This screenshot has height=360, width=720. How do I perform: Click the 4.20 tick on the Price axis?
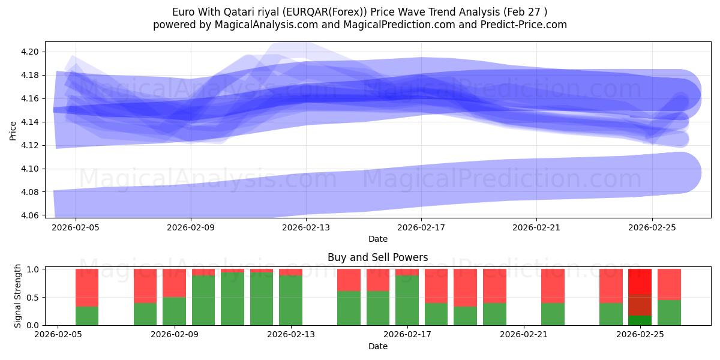coord(31,52)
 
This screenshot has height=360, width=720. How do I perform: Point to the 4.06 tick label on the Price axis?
coord(31,215)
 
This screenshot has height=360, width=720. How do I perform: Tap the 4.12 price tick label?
coord(31,145)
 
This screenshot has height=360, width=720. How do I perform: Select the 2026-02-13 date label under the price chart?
coord(306,227)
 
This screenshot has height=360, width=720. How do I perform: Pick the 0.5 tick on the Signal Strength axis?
coord(34,297)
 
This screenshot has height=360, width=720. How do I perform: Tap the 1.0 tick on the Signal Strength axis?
coord(34,269)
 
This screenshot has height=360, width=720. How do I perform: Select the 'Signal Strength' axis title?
coord(18,295)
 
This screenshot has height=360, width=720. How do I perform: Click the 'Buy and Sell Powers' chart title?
coord(377,257)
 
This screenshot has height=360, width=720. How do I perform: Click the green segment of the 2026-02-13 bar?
coord(291,300)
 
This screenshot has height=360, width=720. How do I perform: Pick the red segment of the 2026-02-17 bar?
coord(407,272)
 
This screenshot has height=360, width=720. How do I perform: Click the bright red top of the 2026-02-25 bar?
coord(640,281)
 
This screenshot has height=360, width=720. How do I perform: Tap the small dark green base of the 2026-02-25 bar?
coord(640,320)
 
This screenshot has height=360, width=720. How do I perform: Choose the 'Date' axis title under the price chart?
coord(377,239)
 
